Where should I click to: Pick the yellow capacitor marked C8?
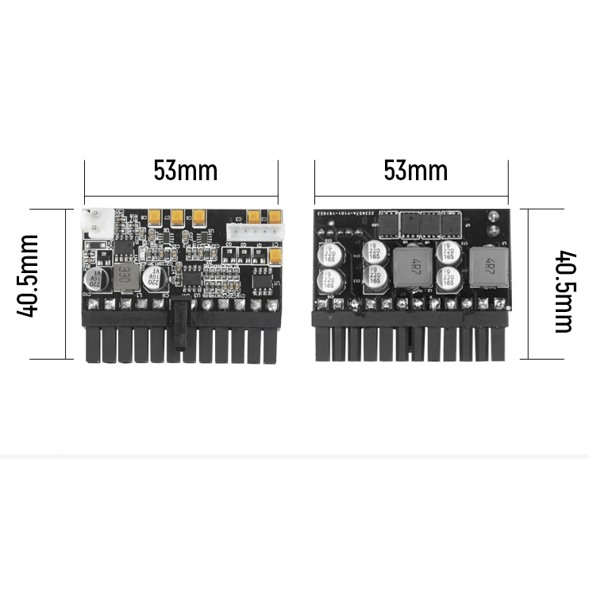[155, 215]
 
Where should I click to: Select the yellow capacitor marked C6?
[194, 216]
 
